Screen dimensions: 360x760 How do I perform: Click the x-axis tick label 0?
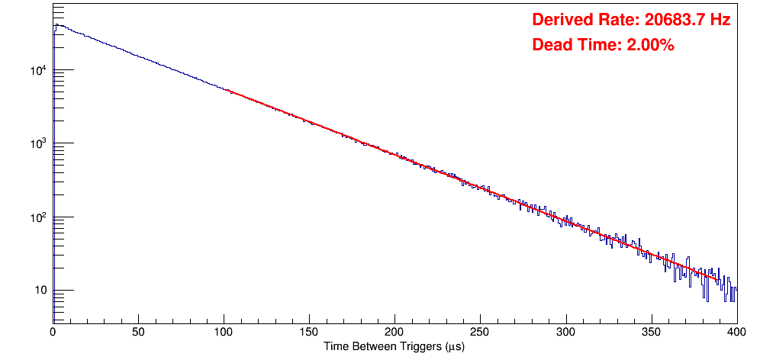53,332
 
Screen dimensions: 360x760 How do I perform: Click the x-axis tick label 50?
138,332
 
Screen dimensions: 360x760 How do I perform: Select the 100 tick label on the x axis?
224,332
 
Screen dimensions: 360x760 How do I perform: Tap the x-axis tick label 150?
309,332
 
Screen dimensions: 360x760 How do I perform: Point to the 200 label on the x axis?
394,332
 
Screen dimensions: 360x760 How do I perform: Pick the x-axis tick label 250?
480,332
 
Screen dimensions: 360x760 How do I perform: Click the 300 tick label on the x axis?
565,332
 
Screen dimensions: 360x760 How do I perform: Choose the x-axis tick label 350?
651,332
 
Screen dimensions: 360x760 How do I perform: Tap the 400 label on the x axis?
736,332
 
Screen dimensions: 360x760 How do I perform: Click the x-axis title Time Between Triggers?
394,346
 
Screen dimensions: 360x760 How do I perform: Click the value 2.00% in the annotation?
650,46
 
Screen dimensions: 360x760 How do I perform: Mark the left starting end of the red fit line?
227,91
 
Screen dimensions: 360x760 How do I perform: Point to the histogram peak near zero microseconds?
56,24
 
